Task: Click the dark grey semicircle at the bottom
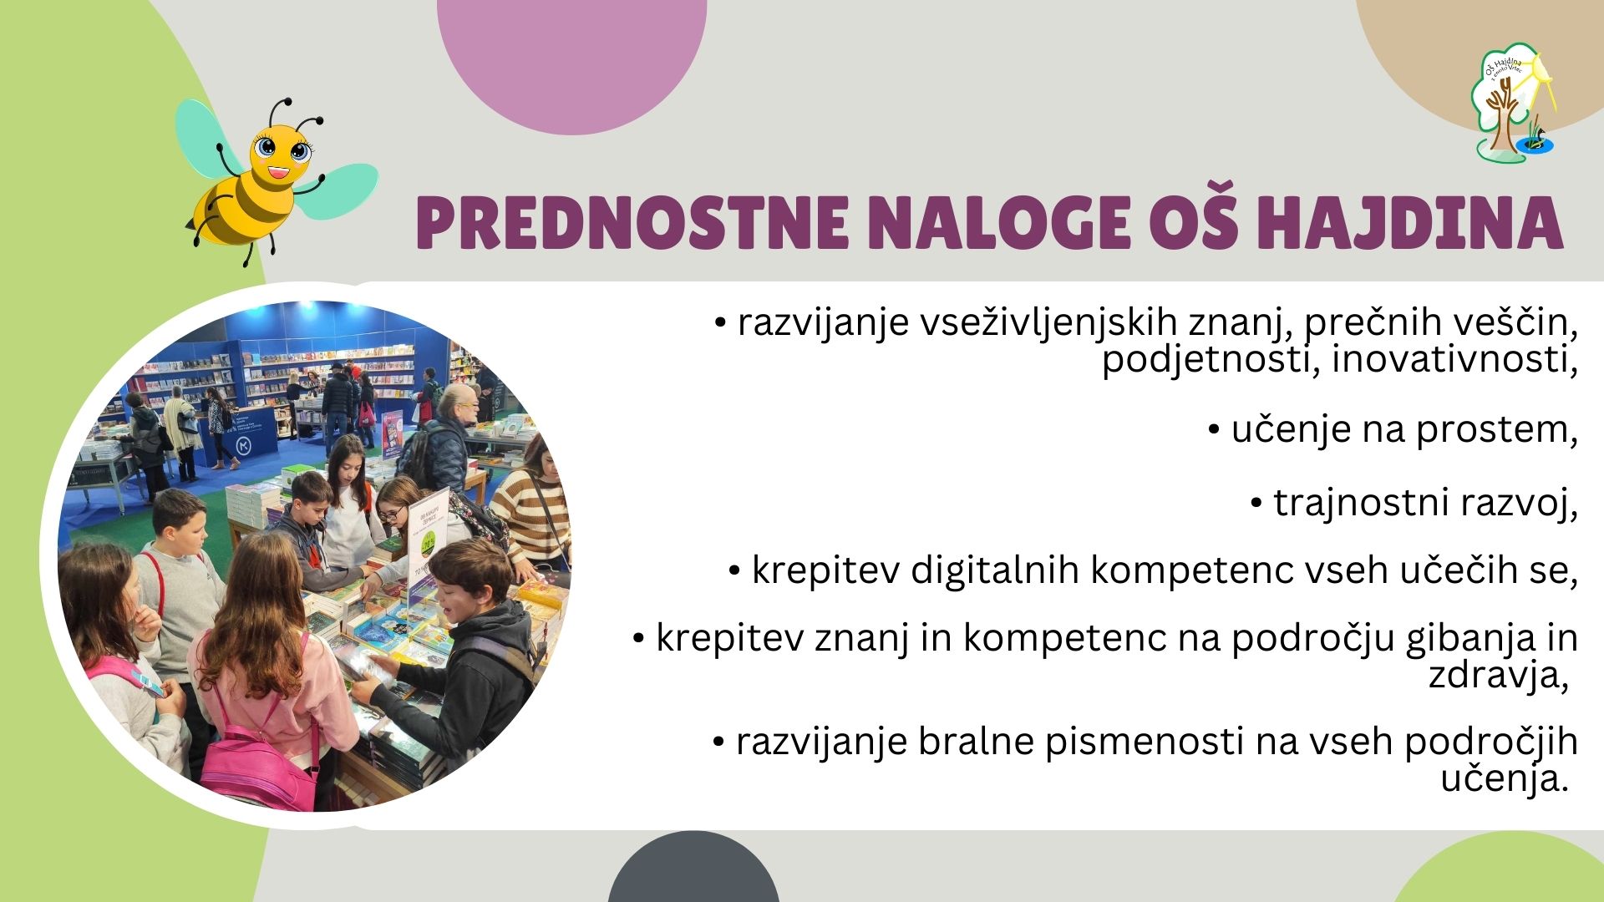[693, 869]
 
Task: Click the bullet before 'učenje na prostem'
[1215, 431]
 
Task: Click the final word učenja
[1502, 780]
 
